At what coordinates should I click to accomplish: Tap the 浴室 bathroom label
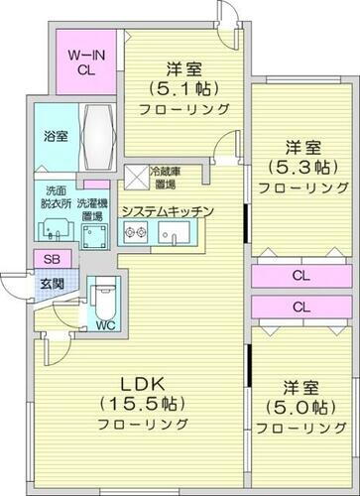(x=56, y=136)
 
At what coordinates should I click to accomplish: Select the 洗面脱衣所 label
(x=56, y=197)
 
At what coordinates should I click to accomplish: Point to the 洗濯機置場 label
(x=95, y=197)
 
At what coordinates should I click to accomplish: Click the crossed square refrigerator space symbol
(x=135, y=177)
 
